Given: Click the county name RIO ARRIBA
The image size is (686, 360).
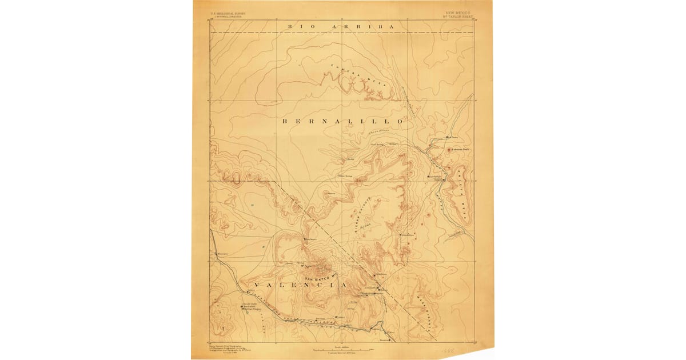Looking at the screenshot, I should (x=342, y=26).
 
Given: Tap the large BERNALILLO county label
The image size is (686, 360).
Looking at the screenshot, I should (x=343, y=122).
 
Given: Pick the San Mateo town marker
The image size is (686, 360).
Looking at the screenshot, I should (x=305, y=239).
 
